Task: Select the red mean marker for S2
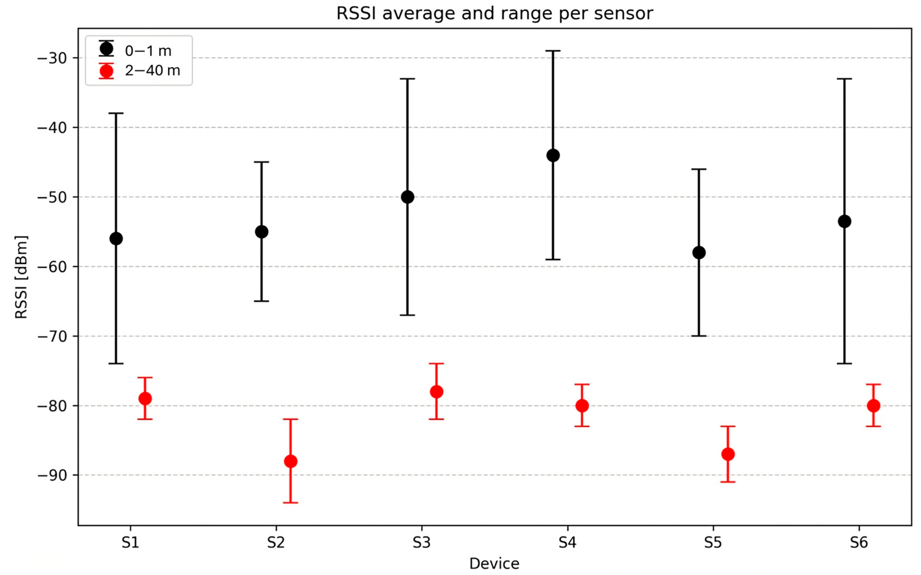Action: (290, 461)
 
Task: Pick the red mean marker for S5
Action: (728, 454)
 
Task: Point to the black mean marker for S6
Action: (845, 221)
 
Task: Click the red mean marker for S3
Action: (436, 392)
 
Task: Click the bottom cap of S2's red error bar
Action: (290, 503)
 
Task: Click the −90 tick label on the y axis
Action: (52, 475)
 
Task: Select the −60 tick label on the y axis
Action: (52, 267)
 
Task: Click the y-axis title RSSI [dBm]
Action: (21, 277)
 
